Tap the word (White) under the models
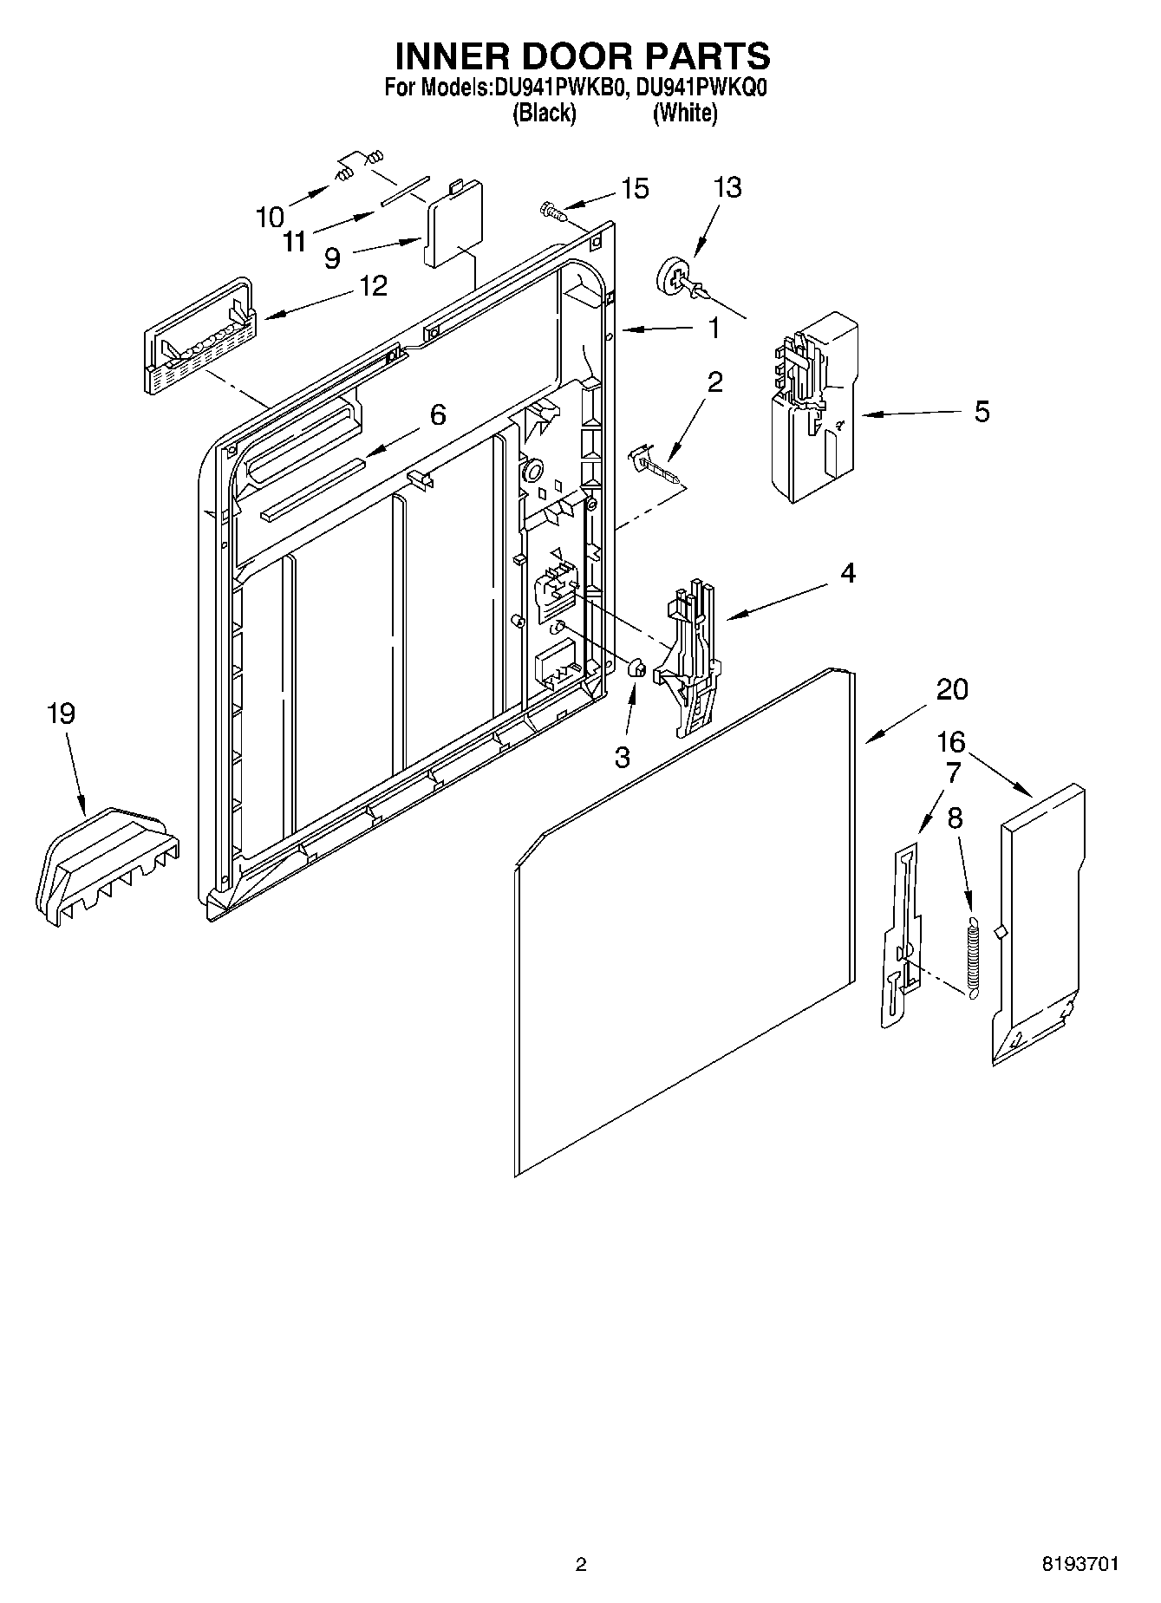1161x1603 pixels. point(684,113)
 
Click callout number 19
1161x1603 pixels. point(61,714)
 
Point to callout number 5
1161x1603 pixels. point(981,411)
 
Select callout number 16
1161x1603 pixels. point(951,742)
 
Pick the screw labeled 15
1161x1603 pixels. point(551,209)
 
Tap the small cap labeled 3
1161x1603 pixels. point(636,668)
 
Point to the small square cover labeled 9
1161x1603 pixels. point(453,224)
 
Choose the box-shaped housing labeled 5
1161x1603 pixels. point(814,407)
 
